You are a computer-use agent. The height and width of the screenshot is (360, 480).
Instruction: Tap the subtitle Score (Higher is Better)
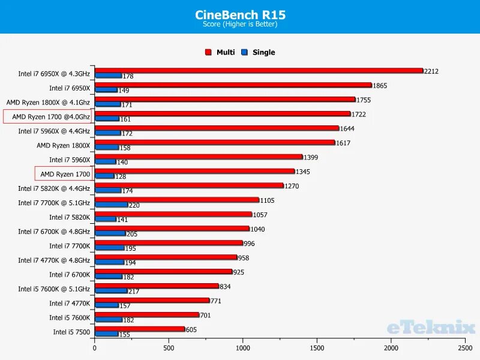239,25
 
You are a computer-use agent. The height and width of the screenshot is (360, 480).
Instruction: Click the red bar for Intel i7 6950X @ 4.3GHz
259,70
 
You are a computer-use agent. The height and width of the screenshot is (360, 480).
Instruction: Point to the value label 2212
431,71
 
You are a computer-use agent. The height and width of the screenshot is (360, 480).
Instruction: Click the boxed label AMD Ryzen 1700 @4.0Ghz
50,117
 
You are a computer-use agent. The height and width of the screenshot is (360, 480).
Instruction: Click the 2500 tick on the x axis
464,347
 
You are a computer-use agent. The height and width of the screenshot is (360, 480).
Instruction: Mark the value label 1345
303,172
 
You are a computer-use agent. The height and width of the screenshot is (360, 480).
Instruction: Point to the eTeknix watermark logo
431,327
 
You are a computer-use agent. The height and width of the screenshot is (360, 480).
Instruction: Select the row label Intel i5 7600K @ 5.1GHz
54,289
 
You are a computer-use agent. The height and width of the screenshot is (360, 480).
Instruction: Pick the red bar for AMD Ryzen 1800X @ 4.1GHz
225,99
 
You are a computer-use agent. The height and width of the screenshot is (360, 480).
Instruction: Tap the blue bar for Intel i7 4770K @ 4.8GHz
109,262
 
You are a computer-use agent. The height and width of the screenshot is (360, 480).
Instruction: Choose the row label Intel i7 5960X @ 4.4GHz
54,131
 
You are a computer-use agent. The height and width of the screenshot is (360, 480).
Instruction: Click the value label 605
191,329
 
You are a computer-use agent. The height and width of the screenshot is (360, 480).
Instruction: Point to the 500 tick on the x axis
169,347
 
